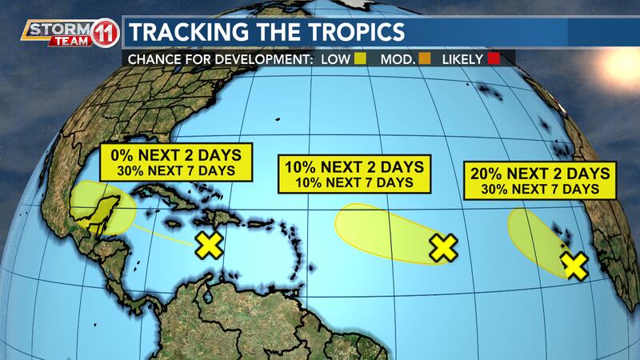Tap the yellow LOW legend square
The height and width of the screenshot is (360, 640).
[359, 58]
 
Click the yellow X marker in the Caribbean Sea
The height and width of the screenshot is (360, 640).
[209, 245]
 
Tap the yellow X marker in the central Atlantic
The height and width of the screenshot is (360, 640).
[442, 248]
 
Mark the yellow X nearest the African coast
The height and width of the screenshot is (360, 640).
[574, 265]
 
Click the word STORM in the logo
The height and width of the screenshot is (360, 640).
[50, 30]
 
